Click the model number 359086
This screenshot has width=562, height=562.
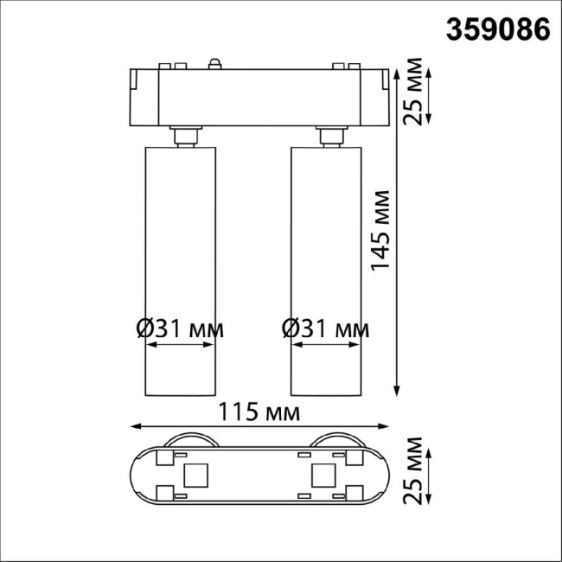pos(497,29)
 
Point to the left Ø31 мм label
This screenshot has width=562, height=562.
pos(180,329)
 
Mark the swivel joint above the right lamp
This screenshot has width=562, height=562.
pos(329,137)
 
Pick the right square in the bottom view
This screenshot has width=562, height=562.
pos(323,474)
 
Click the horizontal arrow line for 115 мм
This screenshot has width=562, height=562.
pos(259,425)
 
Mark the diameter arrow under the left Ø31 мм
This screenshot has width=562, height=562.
pos(179,345)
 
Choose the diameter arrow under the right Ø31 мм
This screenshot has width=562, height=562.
pos(325,345)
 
